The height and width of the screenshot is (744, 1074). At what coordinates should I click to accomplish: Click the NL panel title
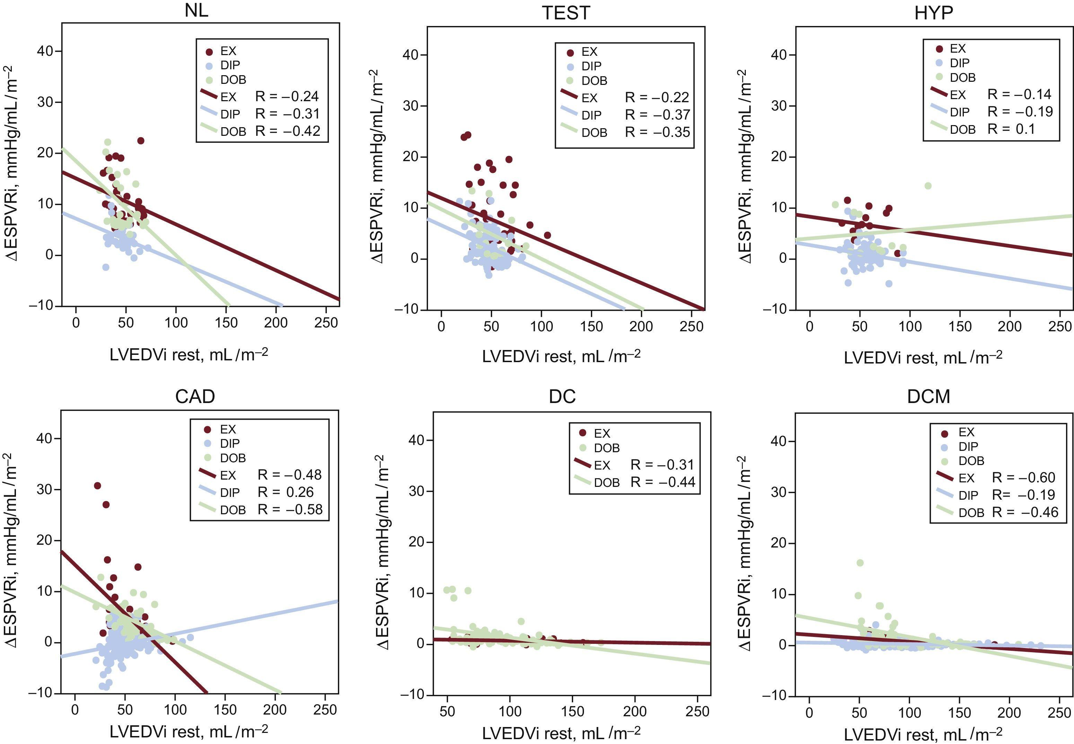click(196, 10)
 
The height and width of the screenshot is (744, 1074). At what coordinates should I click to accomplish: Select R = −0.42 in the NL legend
click(288, 131)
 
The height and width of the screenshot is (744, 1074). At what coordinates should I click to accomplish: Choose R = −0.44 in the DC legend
click(662, 482)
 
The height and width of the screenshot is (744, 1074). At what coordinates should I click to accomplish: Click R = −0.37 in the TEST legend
click(657, 115)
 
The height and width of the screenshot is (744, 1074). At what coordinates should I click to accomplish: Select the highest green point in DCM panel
click(860, 563)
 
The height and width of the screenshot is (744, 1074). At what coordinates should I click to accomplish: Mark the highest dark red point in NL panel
click(141, 141)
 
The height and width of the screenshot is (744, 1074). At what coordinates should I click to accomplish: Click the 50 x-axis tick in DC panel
click(447, 711)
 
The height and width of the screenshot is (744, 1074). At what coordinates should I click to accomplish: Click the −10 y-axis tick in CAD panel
click(41, 693)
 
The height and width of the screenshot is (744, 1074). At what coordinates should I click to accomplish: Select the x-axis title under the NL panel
click(189, 355)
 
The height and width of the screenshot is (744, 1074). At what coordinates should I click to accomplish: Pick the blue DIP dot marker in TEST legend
click(570, 67)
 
